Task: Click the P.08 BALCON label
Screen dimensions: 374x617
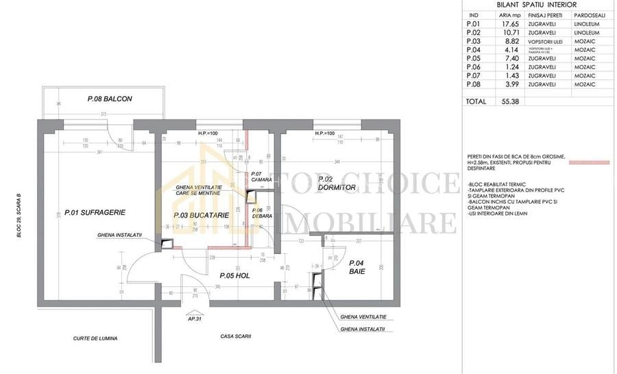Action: (110, 99)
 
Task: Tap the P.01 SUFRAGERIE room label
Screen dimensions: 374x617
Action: (95, 212)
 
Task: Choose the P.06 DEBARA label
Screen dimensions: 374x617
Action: (262, 213)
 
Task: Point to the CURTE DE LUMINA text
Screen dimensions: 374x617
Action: (95, 338)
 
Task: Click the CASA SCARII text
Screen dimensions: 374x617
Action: (236, 336)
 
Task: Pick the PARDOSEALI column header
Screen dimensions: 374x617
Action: (585, 14)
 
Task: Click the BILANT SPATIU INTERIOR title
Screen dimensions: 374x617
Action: (536, 4)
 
